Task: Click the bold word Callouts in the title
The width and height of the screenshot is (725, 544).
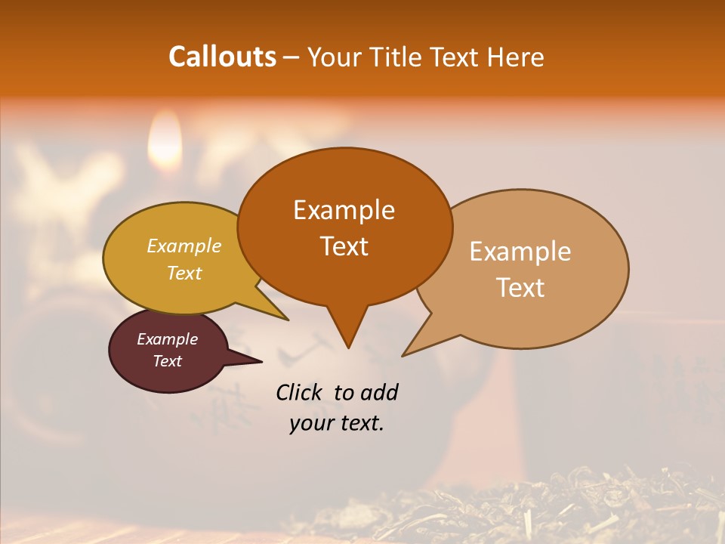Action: coord(222,57)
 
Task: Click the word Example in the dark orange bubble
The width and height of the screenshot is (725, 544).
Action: coord(344,210)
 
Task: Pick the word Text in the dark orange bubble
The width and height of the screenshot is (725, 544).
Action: coord(344,246)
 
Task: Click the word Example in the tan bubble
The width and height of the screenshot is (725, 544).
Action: coord(520,252)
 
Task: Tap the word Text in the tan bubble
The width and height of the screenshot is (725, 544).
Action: coord(520,288)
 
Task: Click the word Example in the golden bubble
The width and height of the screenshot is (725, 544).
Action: coord(184,246)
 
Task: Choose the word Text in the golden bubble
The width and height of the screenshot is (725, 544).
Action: coord(184,273)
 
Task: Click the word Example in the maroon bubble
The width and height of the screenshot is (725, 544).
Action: coord(167,339)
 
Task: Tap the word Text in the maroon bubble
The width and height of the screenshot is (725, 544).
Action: coord(167,361)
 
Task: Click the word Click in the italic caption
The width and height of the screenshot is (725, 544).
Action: coord(299,392)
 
